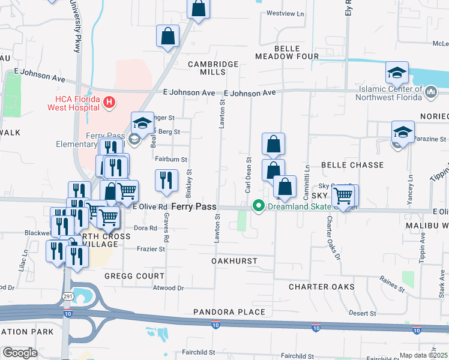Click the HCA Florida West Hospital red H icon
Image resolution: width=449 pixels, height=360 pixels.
[109, 103]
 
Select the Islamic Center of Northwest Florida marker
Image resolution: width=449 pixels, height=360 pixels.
[431, 91]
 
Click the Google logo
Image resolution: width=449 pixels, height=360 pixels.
[20, 352]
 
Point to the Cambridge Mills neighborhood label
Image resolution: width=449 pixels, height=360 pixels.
[213, 68]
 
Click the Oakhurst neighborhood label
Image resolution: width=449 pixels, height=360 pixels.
[234, 261]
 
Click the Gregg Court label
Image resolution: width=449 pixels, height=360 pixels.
[134, 276]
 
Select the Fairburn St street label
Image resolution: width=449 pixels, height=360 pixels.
[171, 160]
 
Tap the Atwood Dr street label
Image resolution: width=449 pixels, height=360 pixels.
[167, 288]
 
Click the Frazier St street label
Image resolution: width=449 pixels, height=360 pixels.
[151, 248]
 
